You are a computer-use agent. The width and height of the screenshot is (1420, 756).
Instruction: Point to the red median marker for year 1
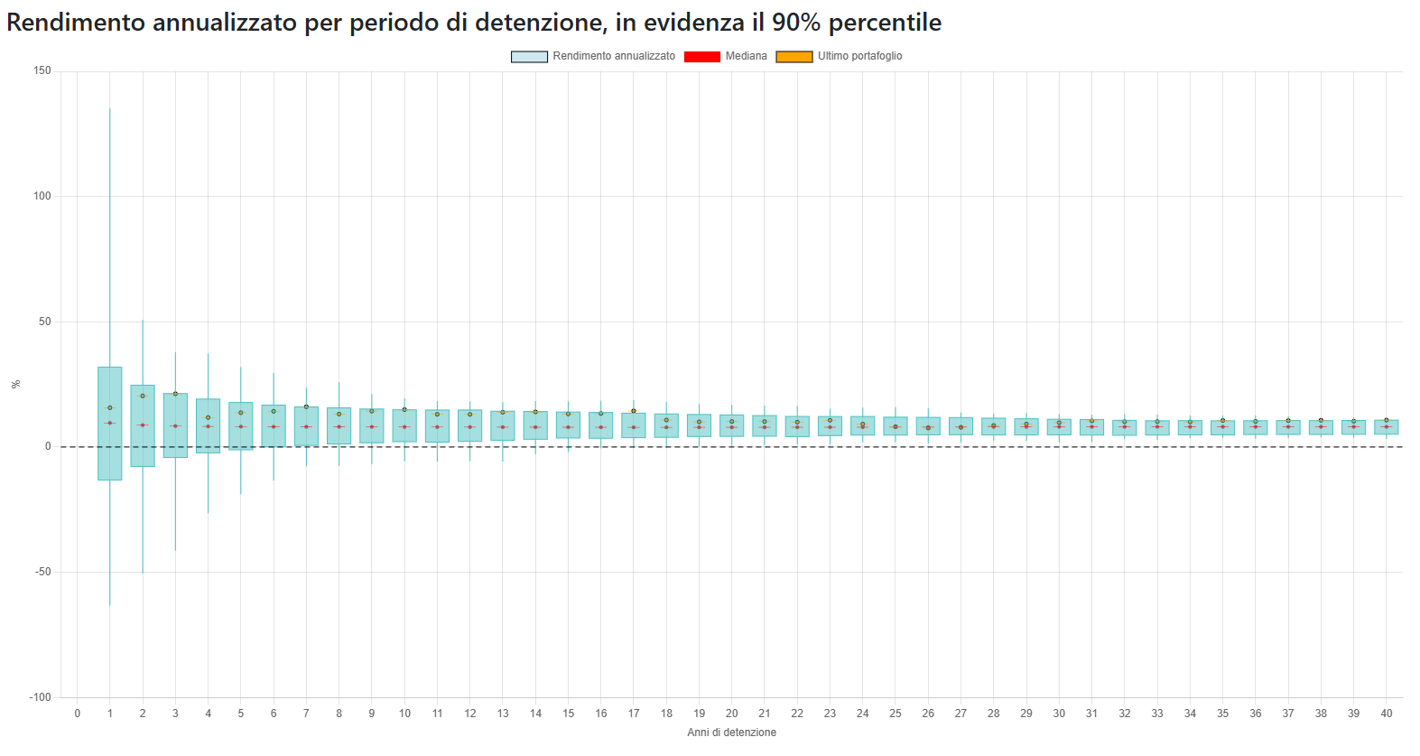click(110, 423)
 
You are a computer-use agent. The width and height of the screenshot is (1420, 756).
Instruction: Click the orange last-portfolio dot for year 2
click(143, 396)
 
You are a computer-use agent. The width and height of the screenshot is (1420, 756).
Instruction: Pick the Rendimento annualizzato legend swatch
click(529, 56)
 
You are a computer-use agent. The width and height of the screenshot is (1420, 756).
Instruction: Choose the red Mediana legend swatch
click(701, 56)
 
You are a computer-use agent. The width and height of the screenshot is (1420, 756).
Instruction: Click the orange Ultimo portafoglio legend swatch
click(794, 56)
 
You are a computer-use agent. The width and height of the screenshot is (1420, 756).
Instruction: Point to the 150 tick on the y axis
click(42, 70)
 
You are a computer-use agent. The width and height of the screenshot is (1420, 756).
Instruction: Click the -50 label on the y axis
click(42, 572)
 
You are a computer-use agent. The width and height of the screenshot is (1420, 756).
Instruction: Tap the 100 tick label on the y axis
click(42, 196)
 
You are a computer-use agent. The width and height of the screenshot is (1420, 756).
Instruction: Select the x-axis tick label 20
click(732, 714)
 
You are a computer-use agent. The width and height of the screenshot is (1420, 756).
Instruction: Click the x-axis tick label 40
click(1387, 714)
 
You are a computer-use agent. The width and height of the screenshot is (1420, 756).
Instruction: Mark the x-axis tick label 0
click(78, 714)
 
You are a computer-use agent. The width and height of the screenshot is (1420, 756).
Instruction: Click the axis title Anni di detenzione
click(731, 733)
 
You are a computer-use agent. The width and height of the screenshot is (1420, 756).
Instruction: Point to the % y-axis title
click(15, 384)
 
